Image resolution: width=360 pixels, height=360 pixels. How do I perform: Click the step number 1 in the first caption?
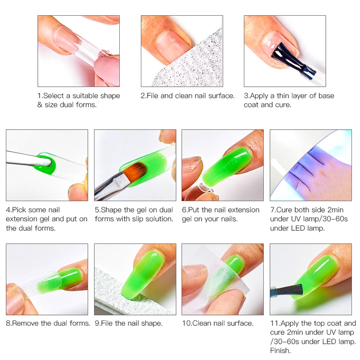point(39,96)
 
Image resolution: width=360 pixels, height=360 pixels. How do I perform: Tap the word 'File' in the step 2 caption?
point(155,96)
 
